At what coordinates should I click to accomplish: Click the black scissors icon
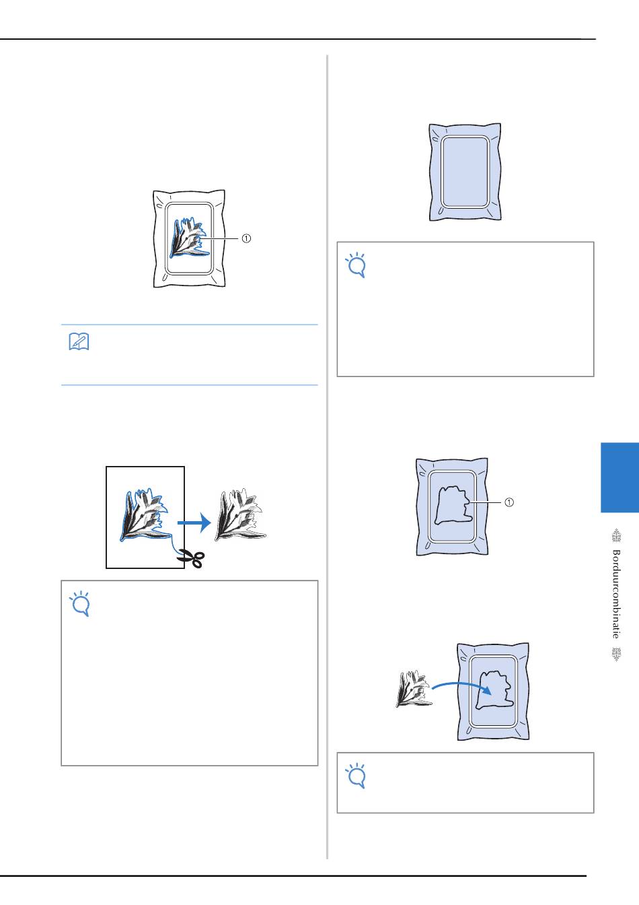tap(190, 558)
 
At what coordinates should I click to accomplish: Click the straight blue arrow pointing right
tap(194, 523)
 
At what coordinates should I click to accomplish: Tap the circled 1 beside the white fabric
tap(246, 238)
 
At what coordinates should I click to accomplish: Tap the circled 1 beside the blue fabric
tap(509, 502)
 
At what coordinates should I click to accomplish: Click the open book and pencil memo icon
tap(79, 342)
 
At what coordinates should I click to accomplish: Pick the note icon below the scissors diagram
tap(79, 604)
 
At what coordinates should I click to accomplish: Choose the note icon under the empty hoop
tap(356, 265)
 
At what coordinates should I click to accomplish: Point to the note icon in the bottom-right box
tap(356, 776)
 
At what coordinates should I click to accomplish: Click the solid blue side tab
tap(619, 477)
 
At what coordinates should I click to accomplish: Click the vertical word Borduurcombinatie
tap(616, 594)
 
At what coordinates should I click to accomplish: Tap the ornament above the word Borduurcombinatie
tap(617, 535)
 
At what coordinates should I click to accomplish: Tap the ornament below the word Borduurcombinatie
tap(617, 654)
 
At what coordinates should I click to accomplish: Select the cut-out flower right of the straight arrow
tap(239, 515)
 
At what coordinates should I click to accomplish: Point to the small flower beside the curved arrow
tap(414, 688)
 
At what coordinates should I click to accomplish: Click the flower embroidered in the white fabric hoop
tap(189, 238)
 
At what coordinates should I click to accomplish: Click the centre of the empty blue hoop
tap(465, 172)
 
